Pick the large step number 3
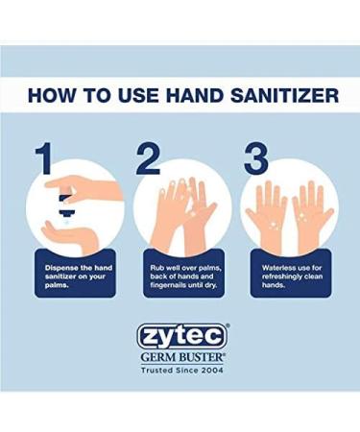[254, 159]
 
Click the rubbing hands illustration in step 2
[181, 206]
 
